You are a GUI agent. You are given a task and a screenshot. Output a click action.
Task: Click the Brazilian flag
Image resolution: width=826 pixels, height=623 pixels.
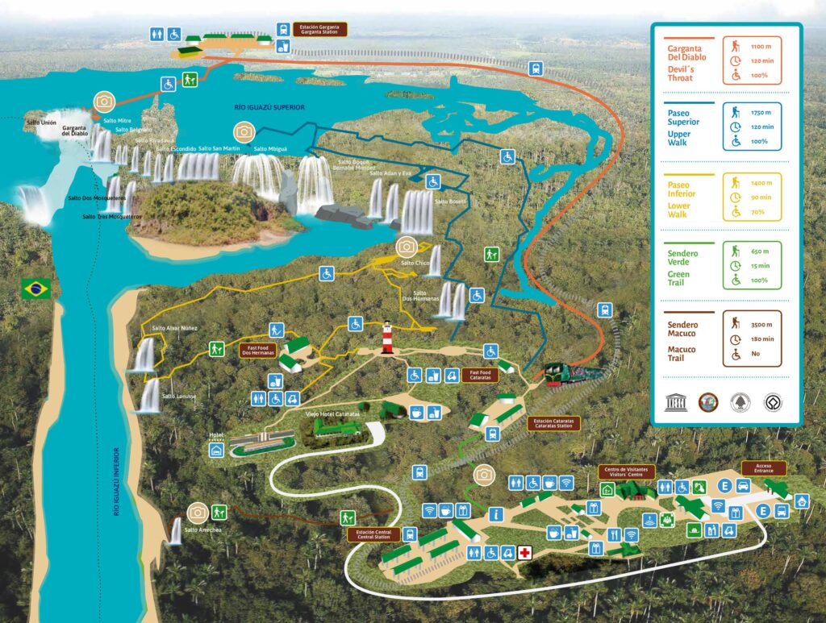click(x=36, y=289)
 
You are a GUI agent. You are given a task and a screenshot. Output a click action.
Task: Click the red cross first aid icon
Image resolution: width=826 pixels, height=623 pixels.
click(x=525, y=552)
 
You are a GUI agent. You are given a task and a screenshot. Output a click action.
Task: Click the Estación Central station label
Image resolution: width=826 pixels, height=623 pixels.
click(x=373, y=534)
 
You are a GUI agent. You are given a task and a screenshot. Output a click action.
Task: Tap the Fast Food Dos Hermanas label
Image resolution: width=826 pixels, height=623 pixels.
click(x=257, y=350)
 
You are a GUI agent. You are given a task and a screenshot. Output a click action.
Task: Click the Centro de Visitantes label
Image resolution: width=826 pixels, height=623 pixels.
click(x=627, y=471)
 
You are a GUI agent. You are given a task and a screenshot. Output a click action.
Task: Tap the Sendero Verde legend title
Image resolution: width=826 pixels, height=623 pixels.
click(x=683, y=254)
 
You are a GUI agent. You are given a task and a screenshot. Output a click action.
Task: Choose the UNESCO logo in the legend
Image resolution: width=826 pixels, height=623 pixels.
click(x=675, y=403)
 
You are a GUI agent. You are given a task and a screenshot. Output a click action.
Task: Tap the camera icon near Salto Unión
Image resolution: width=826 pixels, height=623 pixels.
click(x=103, y=102)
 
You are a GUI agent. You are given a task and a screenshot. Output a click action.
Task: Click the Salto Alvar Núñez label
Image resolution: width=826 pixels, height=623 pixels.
click(x=173, y=328)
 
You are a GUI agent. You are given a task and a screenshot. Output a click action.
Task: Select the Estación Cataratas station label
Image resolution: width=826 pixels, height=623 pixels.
click(x=553, y=422)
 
